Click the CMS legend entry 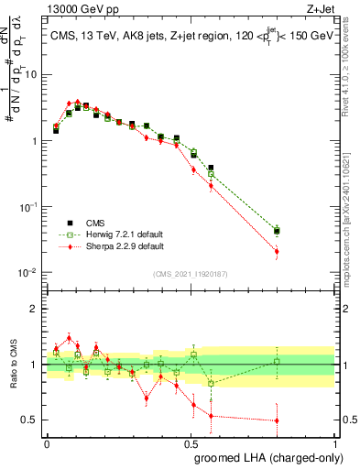pyautogui.click(x=93, y=223)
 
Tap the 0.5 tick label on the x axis pyautogui.click(x=191, y=442)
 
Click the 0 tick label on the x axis pyautogui.click(x=47, y=442)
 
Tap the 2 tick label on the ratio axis pyautogui.click(x=36, y=309)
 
